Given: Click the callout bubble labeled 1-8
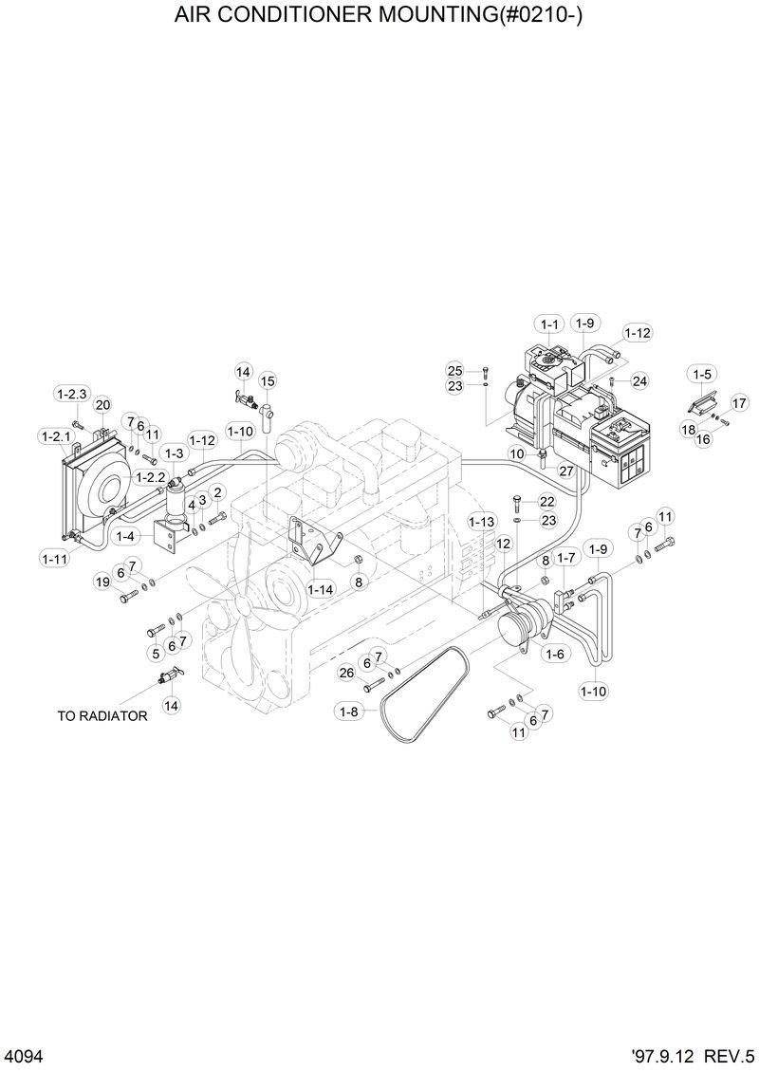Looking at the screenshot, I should coord(348,712).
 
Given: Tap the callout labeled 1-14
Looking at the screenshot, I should coord(321,589).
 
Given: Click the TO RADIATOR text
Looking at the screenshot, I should coord(102,716).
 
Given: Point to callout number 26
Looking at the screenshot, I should coord(346,673).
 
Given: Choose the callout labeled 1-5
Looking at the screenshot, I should coord(702,374).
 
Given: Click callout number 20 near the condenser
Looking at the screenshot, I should coord(102,405).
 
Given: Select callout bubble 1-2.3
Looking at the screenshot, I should coord(72,394).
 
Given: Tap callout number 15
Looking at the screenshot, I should coord(268,380).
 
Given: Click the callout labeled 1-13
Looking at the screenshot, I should coord(482,522).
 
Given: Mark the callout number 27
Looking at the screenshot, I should coord(565,471).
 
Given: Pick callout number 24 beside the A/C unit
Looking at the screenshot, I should coord(639,381).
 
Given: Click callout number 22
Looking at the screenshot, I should coord(547,501).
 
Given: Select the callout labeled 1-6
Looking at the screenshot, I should coord(555,654).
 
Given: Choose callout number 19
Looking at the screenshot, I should coord(102,582).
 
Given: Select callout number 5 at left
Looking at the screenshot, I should coord(156,654).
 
